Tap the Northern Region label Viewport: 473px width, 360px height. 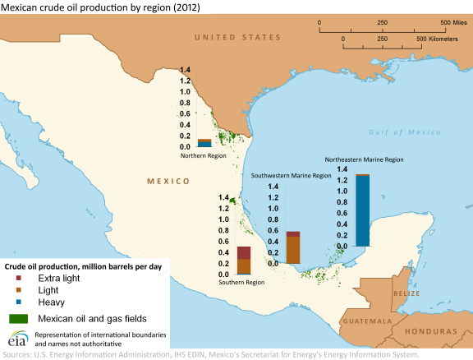[x=204, y=155]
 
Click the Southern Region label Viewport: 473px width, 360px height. [x=241, y=282]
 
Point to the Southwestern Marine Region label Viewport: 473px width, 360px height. [x=291, y=175]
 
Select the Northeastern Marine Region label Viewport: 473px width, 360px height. [x=364, y=159]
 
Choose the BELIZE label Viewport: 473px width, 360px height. [x=406, y=293]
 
